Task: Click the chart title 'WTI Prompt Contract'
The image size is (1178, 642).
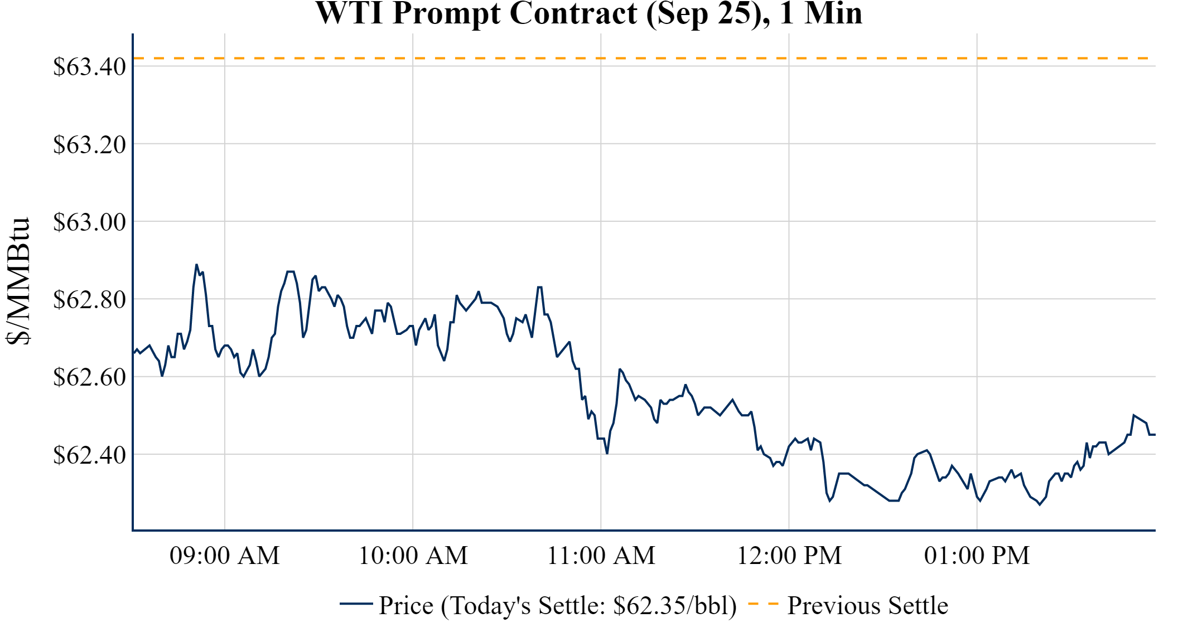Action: point(588,13)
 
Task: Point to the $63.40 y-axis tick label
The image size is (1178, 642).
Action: point(89,67)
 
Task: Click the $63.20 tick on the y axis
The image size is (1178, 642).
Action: point(89,144)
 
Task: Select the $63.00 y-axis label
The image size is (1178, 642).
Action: point(89,222)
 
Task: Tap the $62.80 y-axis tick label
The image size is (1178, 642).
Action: point(89,299)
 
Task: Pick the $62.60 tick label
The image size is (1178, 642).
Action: point(89,377)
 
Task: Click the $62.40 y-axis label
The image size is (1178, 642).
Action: point(89,454)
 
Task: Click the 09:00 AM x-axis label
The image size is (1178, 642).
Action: point(225,556)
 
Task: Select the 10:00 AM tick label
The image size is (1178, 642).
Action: point(413,556)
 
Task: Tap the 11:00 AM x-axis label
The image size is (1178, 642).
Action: point(601,556)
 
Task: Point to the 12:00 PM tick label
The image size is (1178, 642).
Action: point(789,556)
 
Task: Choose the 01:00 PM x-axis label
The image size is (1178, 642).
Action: point(977,556)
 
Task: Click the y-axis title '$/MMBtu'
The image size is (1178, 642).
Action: point(18,281)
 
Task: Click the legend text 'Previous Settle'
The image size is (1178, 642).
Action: point(867,605)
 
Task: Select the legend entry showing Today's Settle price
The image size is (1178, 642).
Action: point(558,605)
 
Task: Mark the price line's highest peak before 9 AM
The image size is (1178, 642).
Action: point(196,265)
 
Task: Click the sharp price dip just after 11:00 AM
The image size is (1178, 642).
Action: point(607,453)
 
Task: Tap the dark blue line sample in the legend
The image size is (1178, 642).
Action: point(356,604)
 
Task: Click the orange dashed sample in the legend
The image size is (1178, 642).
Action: point(763,604)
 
